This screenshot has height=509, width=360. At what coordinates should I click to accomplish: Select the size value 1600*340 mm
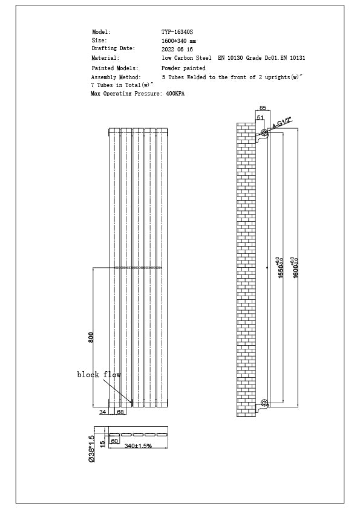click(x=178, y=41)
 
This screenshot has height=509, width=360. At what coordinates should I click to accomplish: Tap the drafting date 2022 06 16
click(x=177, y=49)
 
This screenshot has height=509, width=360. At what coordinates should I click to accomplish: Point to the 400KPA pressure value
click(x=175, y=94)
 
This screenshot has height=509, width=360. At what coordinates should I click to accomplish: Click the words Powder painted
click(x=183, y=68)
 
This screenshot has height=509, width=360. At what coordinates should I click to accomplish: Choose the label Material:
click(x=105, y=58)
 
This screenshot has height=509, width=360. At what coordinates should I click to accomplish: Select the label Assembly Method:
click(x=116, y=77)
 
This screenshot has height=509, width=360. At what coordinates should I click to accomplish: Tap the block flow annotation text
click(x=99, y=375)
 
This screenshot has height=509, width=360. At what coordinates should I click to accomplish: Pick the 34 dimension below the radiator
click(x=102, y=412)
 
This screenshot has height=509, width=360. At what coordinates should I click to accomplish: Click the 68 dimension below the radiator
click(x=120, y=412)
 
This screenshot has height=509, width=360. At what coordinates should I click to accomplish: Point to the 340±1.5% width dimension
click(x=137, y=446)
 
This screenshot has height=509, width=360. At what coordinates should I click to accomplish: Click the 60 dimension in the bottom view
click(x=114, y=441)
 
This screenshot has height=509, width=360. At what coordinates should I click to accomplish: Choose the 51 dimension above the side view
click(x=260, y=117)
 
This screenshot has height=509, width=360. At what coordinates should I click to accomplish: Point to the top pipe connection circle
click(x=264, y=132)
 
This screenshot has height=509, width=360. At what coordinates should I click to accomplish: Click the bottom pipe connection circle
click(x=264, y=403)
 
